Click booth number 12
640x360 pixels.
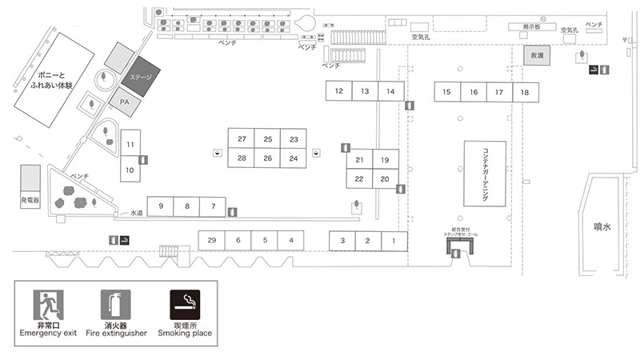click(339, 92)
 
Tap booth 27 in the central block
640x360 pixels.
click(242, 139)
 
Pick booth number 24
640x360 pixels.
click(294, 158)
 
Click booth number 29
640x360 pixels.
click(211, 240)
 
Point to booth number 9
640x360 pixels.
click(161, 206)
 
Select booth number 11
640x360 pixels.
click(130, 144)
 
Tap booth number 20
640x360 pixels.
click(385, 178)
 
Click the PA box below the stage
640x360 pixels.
click(125, 102)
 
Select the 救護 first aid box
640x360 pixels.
click(537, 56)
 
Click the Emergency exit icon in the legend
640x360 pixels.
click(48, 305)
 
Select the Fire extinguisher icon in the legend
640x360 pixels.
click(114, 305)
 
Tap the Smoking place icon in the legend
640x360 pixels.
click(185, 305)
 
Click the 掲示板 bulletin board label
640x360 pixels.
click(533, 26)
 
